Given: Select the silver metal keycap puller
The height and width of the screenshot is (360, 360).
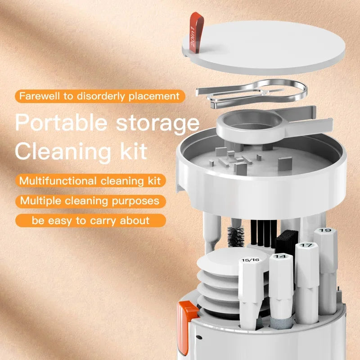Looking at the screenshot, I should coord(252,92).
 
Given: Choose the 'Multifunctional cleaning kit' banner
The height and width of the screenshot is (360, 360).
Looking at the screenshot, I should coord(90,181).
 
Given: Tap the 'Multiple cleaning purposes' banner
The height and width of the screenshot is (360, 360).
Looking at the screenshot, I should coord(90,200).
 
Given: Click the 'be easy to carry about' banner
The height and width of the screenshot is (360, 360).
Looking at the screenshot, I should coord(90,220).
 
